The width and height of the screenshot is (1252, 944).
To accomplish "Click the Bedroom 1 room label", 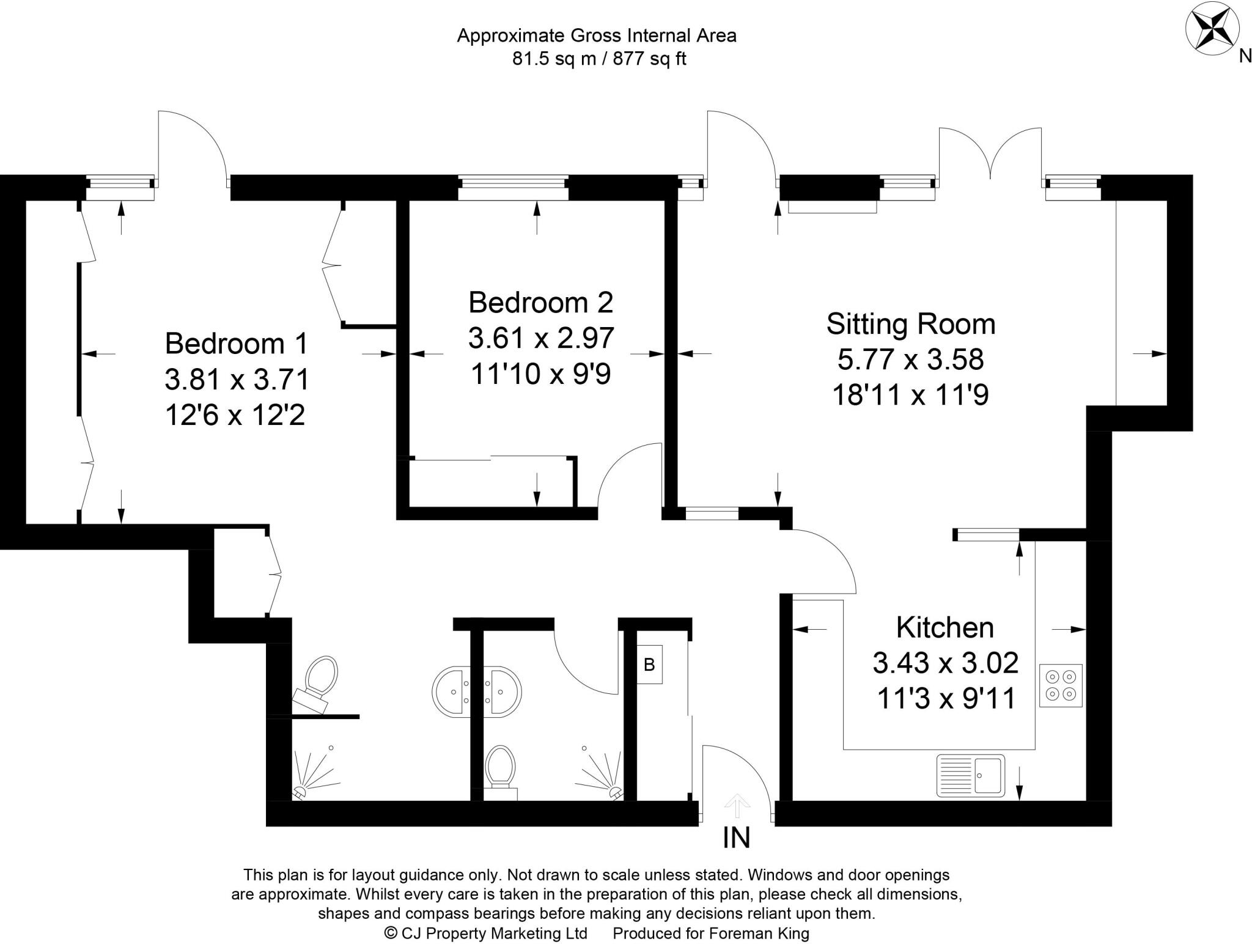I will coord(237,344).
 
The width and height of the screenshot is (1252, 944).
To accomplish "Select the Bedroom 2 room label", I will coord(540,302).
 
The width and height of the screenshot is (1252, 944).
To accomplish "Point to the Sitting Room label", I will coord(910,323).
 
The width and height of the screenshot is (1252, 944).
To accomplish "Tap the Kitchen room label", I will coord(945,627).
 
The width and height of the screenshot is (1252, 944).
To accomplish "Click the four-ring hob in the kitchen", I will coord(1061,685).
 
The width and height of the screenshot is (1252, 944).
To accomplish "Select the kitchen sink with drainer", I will coord(971,776).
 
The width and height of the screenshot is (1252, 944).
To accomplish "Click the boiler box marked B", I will coord(649,665).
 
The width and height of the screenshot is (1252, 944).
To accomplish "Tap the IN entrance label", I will coord(736,838).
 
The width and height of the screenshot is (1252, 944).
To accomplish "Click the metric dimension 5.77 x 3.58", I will coord(910,360).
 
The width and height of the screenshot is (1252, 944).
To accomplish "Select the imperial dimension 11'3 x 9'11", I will coord(946,698).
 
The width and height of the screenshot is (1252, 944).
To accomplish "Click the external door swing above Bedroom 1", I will coord(192,144).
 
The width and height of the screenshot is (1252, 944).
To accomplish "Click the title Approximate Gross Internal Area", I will coord(597,35).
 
